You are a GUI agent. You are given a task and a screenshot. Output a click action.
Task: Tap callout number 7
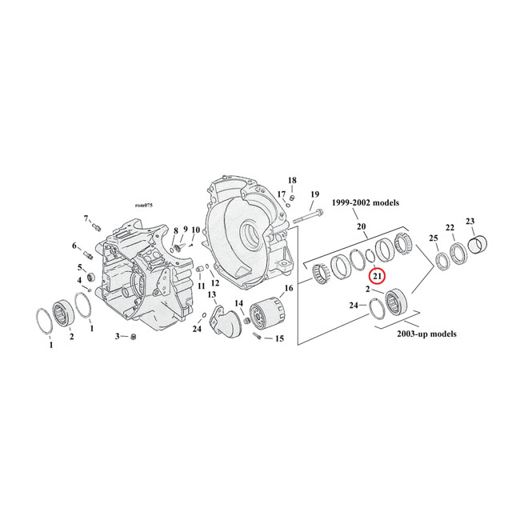click(x=86, y=218)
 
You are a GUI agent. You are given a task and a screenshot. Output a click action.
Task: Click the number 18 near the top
click(x=292, y=180)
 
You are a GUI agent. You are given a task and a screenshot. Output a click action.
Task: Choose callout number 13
click(x=212, y=295)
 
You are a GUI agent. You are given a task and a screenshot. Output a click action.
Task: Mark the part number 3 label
click(x=117, y=337)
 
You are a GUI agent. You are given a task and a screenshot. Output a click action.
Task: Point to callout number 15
click(x=279, y=338)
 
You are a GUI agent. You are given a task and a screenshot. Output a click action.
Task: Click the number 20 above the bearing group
click(x=362, y=227)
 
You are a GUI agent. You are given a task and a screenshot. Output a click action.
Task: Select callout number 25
click(x=434, y=238)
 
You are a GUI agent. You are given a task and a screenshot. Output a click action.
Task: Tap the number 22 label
click(x=450, y=227)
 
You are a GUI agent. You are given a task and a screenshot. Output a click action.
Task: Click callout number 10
click(x=195, y=230)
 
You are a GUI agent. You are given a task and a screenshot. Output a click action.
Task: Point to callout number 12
click(x=214, y=283)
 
